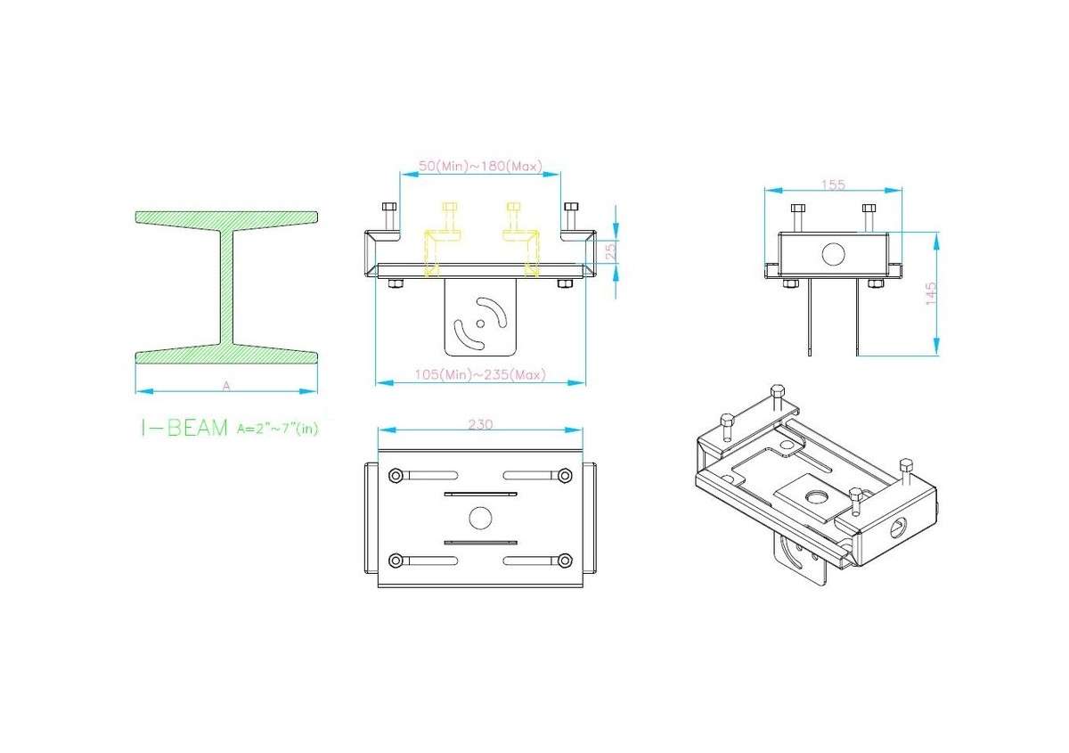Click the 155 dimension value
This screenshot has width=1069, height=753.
pyautogui.click(x=833, y=184)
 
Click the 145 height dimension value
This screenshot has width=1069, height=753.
pyautogui.click(x=931, y=294)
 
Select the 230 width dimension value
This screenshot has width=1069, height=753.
pyautogui.click(x=480, y=424)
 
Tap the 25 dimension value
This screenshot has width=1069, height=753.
pyautogui.click(x=610, y=251)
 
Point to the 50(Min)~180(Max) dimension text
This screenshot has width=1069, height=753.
pyautogui.click(x=480, y=166)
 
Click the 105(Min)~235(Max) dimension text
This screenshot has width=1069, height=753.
pyautogui.click(x=480, y=375)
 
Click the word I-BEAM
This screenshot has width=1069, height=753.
pyautogui.click(x=184, y=428)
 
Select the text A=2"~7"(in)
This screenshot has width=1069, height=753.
pyautogui.click(x=277, y=429)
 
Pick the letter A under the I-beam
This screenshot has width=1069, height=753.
pyautogui.click(x=226, y=386)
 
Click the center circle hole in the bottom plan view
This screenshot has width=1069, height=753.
pyautogui.click(x=480, y=518)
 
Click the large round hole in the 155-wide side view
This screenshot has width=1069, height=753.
pyautogui.click(x=833, y=254)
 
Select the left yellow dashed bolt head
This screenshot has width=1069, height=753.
pyautogui.click(x=450, y=207)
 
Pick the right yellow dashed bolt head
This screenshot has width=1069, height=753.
pyautogui.click(x=513, y=207)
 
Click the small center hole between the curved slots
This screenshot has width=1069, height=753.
pyautogui.click(x=480, y=323)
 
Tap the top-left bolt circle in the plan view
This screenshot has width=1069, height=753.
pyautogui.click(x=396, y=476)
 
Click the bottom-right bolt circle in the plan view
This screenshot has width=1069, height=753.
pyautogui.click(x=565, y=561)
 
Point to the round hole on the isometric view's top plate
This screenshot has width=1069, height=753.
pyautogui.click(x=817, y=497)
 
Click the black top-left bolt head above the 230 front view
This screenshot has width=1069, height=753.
pyautogui.click(x=389, y=208)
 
